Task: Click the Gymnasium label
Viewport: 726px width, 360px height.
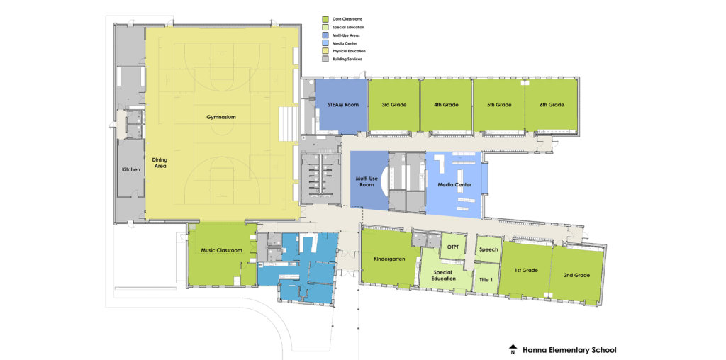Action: click(221, 117)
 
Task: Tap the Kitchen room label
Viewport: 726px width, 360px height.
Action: click(130, 169)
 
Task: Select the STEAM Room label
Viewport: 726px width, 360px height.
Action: click(342, 105)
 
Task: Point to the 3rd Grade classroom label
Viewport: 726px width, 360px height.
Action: click(393, 105)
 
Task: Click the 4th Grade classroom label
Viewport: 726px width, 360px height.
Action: click(446, 105)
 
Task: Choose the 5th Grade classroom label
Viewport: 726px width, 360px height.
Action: click(498, 105)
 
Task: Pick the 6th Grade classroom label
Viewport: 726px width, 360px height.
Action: click(551, 105)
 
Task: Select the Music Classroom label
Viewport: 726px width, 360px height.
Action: click(221, 250)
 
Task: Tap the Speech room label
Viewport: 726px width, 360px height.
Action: click(488, 249)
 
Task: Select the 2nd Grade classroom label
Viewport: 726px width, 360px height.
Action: click(576, 274)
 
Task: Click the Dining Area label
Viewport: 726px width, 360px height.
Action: click(160, 163)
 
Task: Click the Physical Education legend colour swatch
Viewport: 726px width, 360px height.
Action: click(325, 51)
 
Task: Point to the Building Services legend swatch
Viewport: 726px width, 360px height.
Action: click(325, 59)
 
